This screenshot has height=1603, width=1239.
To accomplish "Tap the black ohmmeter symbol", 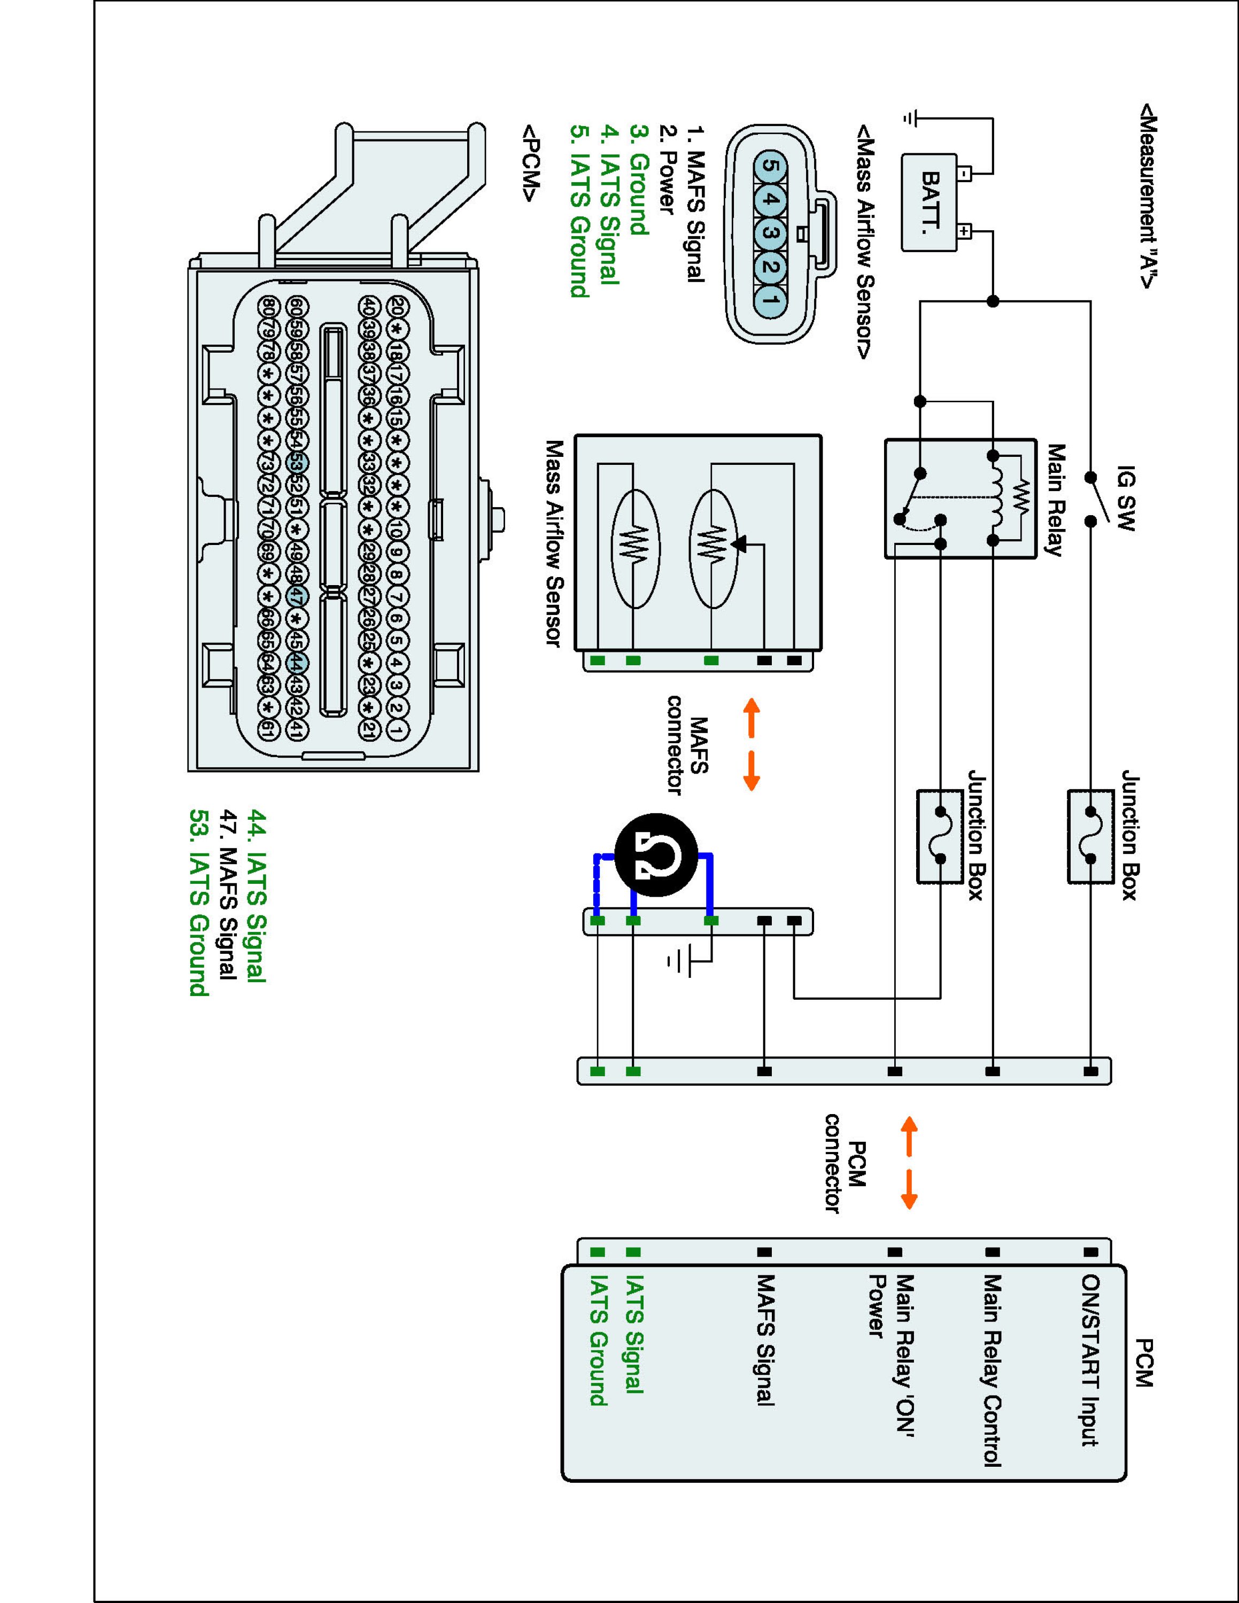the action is click(x=655, y=854).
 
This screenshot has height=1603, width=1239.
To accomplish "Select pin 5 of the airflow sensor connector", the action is click(x=769, y=167).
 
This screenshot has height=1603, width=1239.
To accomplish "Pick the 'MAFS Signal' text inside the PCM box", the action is click(x=765, y=1340).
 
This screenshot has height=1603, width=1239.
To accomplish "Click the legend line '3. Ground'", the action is click(x=639, y=181).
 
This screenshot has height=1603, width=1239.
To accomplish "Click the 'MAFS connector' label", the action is click(x=687, y=745).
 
